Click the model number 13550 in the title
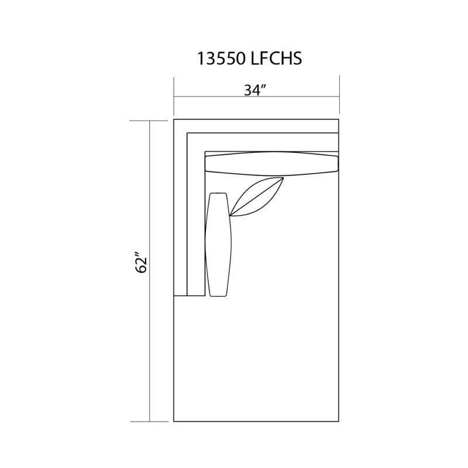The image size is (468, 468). pyautogui.click(x=221, y=58)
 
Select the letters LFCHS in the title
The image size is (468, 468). pyautogui.click(x=276, y=58)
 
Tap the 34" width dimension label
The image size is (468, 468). pyautogui.click(x=255, y=90)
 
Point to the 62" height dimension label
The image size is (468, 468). pyautogui.click(x=141, y=263)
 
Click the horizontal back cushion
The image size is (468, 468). pyautogui.click(x=271, y=164)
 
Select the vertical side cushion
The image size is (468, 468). pyautogui.click(x=218, y=245)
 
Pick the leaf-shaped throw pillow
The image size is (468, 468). pyautogui.click(x=257, y=197)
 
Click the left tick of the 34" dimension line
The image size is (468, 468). pyautogui.click(x=174, y=96)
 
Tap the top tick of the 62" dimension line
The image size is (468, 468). pyautogui.click(x=149, y=121)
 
